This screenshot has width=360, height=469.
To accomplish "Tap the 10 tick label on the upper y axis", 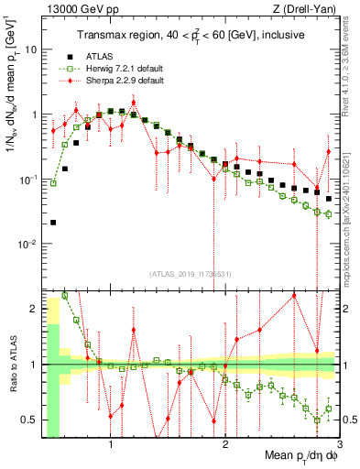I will pyautogui.click(x=30, y=49).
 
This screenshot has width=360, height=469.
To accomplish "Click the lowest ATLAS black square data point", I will pyautogui.click(x=53, y=222).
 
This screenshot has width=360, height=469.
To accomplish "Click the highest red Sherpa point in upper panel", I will pyautogui.click(x=134, y=103).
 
